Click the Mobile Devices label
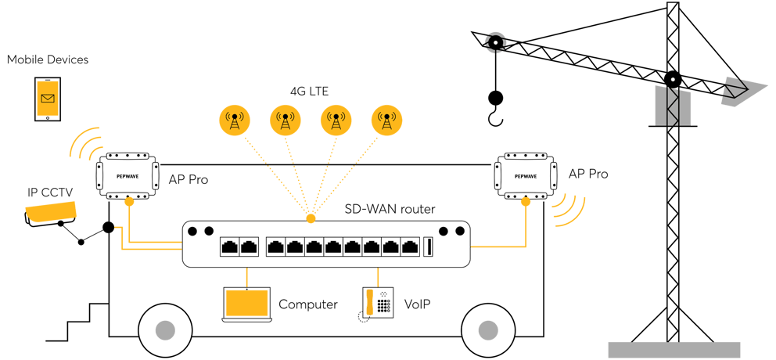pos(47,59)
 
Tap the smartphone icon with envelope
pos(48,99)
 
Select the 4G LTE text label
pos(307,92)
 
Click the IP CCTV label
pos(45,193)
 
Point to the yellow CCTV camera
pos(51,213)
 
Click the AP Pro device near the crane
pos(525,175)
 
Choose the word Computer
pos(308,304)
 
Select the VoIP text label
pos(417,304)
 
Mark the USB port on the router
pos(428,247)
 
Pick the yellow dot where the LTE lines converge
pos(311,218)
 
